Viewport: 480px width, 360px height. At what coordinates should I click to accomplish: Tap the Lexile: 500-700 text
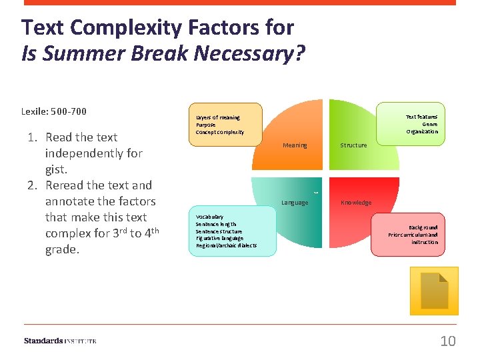click(54, 111)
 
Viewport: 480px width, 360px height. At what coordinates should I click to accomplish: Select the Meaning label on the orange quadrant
click(295, 145)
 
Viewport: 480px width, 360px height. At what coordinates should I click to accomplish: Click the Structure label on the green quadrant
click(353, 145)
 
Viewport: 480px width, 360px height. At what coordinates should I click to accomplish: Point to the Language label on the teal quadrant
click(295, 203)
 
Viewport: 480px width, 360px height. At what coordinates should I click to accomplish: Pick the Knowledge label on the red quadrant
click(356, 203)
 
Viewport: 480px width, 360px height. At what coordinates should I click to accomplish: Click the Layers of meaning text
click(218, 117)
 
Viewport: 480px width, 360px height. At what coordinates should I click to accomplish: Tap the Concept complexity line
click(220, 132)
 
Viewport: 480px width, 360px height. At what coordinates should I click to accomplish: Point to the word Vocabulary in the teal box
click(210, 217)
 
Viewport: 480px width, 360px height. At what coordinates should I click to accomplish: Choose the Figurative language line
click(219, 238)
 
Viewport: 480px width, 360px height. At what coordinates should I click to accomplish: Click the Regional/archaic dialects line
click(226, 245)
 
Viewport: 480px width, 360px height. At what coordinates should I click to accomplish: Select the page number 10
click(448, 341)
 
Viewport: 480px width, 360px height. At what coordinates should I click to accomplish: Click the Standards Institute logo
click(60, 341)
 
